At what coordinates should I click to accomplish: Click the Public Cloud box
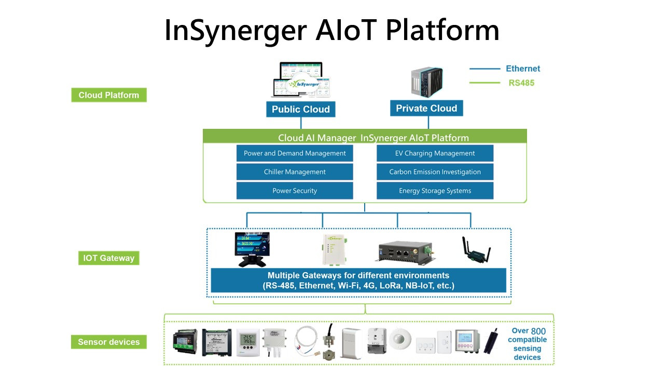tap(301, 109)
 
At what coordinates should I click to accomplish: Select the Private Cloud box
tap(426, 108)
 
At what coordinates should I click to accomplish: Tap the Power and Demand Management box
tap(295, 153)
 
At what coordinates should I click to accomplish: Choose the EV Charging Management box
tap(435, 153)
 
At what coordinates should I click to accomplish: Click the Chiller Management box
tap(295, 172)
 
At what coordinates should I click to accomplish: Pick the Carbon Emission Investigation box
tap(435, 172)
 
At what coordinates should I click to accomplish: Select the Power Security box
tap(295, 191)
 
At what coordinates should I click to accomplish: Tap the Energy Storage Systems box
tap(435, 191)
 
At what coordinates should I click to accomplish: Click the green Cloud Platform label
tap(109, 95)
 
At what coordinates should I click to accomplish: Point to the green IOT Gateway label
tap(109, 258)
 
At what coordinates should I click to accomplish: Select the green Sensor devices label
tap(109, 342)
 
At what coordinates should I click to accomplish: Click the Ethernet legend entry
tap(523, 69)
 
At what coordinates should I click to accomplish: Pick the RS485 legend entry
tap(521, 83)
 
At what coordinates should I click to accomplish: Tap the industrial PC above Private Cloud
tap(427, 83)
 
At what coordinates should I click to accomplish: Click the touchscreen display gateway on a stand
tap(252, 248)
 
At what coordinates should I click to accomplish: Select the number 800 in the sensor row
tap(538, 331)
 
